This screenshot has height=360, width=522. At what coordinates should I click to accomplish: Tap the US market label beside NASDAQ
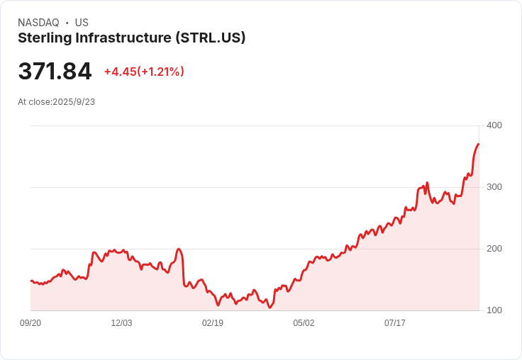82,23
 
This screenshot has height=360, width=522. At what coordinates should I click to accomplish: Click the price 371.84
55,72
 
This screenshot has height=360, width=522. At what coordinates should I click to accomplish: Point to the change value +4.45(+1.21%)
144,72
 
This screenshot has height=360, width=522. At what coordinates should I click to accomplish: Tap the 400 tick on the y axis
494,125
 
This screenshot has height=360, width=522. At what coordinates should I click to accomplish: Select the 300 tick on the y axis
494,187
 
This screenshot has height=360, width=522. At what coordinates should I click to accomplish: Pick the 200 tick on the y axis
494,249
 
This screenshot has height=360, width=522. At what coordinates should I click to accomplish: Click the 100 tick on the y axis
494,310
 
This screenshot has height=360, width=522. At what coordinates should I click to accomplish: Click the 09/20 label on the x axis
30,323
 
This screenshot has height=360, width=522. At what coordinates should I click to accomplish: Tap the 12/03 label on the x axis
121,323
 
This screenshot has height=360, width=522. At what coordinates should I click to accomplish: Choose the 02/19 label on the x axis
213,323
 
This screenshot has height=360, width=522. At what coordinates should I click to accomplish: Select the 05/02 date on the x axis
304,323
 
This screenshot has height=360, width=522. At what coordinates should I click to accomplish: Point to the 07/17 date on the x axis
395,323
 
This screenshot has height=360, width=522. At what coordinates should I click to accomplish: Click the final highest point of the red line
479,144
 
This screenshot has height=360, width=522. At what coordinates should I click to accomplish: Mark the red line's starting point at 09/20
31,281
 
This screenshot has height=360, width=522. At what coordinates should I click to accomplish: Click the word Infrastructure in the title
122,38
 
